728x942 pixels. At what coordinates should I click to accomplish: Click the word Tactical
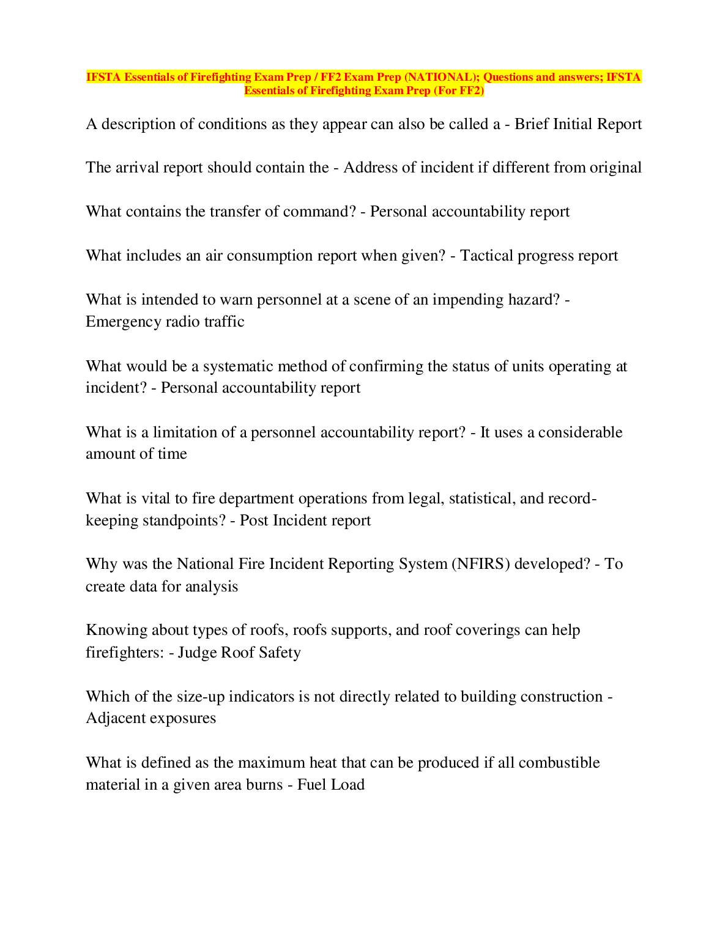point(487,256)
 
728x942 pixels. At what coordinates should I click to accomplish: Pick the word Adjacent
point(116,718)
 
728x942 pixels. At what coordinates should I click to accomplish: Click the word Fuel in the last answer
point(310,785)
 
